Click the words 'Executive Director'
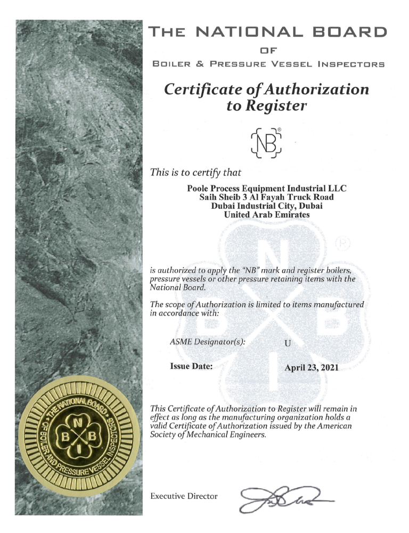click(x=184, y=496)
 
